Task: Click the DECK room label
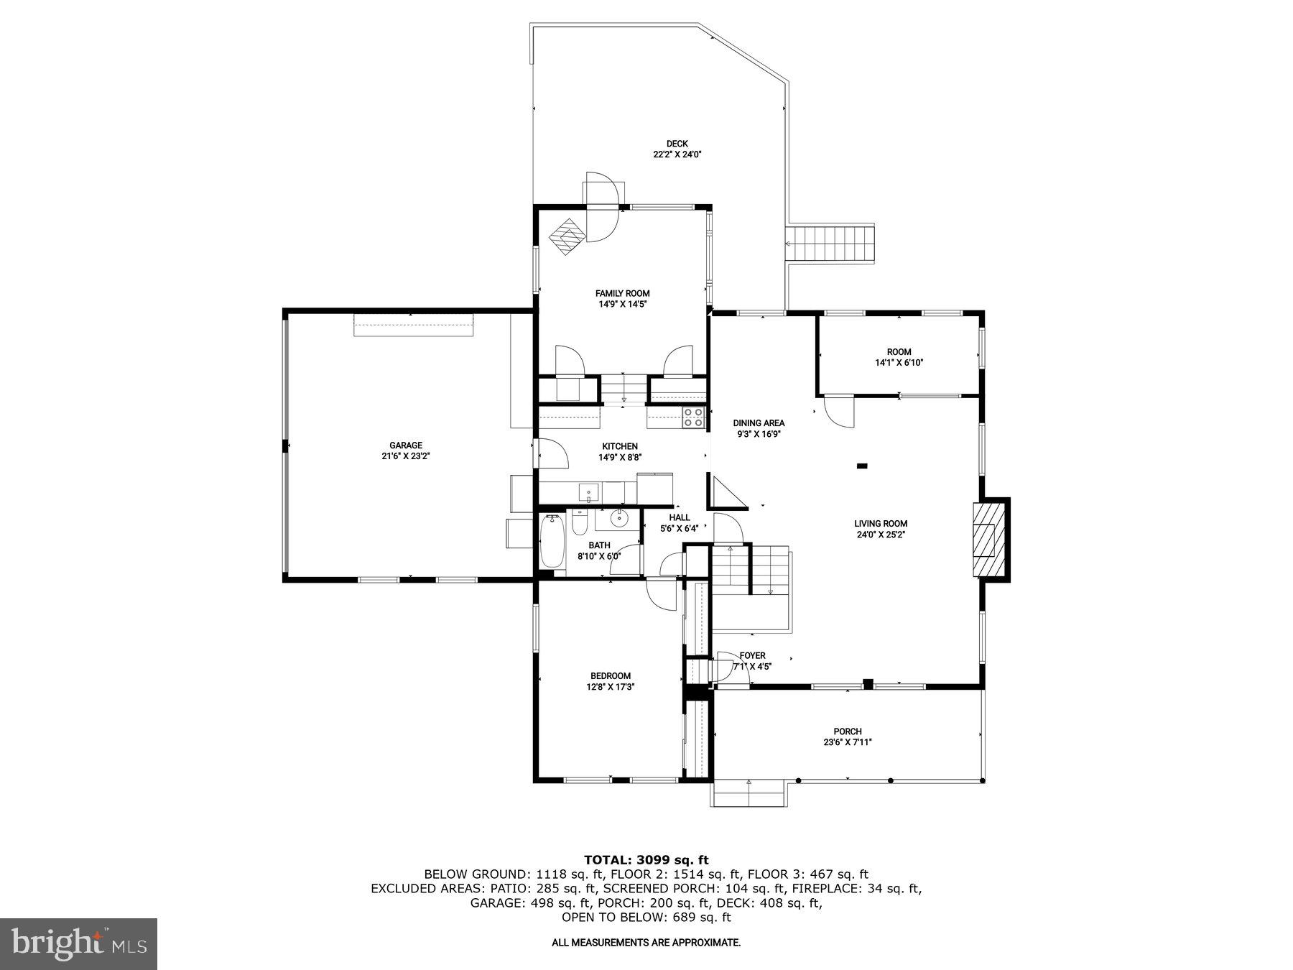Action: coord(677,144)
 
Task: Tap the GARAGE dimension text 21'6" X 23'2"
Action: coord(406,456)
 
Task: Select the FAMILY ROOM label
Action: coord(622,293)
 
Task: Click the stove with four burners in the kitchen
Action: coord(693,417)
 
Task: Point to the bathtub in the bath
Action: coord(552,541)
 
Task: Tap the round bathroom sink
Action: coord(618,517)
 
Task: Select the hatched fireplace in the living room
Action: coord(988,540)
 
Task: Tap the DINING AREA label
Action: coord(759,423)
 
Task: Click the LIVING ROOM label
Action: coord(881,524)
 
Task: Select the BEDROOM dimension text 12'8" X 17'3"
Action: coord(611,687)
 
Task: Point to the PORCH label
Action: coord(848,731)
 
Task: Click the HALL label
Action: coord(680,517)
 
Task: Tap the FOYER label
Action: coord(752,655)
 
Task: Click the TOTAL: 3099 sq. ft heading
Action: coord(646,859)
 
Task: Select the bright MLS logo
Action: coord(78,943)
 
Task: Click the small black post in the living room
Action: coord(862,466)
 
